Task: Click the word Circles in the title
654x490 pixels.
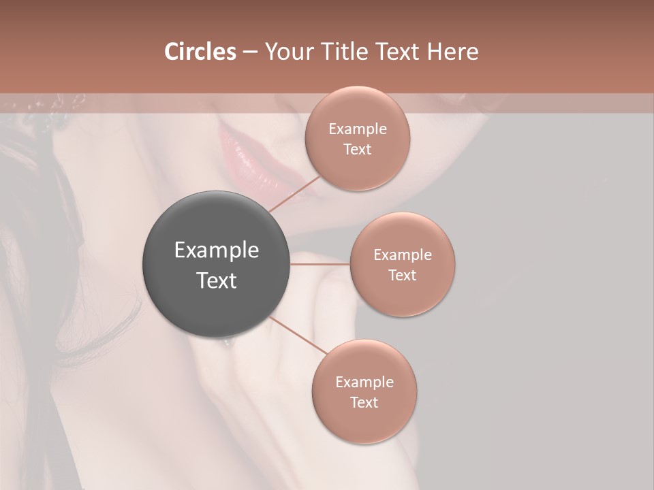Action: coord(200,52)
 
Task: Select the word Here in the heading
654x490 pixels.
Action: coord(452,52)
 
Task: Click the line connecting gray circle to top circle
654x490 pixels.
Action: coord(295,193)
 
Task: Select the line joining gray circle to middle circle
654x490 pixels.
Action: coord(320,264)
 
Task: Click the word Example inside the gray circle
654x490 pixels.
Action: coord(217,250)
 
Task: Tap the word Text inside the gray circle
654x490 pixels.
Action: coord(217,280)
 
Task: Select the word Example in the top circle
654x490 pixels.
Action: coord(358,129)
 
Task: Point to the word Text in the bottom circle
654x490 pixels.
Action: coord(364,403)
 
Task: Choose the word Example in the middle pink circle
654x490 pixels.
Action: coord(403,255)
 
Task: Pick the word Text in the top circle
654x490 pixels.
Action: coord(358,150)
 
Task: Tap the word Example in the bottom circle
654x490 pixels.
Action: coord(364,382)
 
